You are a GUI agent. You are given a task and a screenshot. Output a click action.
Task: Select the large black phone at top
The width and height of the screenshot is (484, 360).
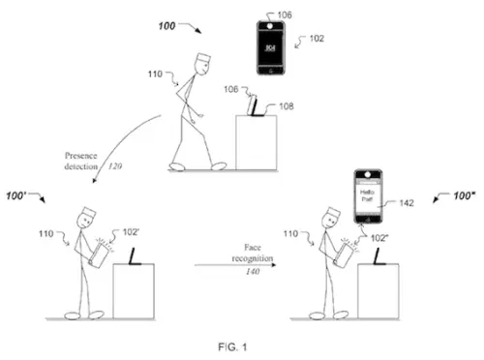coord(273,45)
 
